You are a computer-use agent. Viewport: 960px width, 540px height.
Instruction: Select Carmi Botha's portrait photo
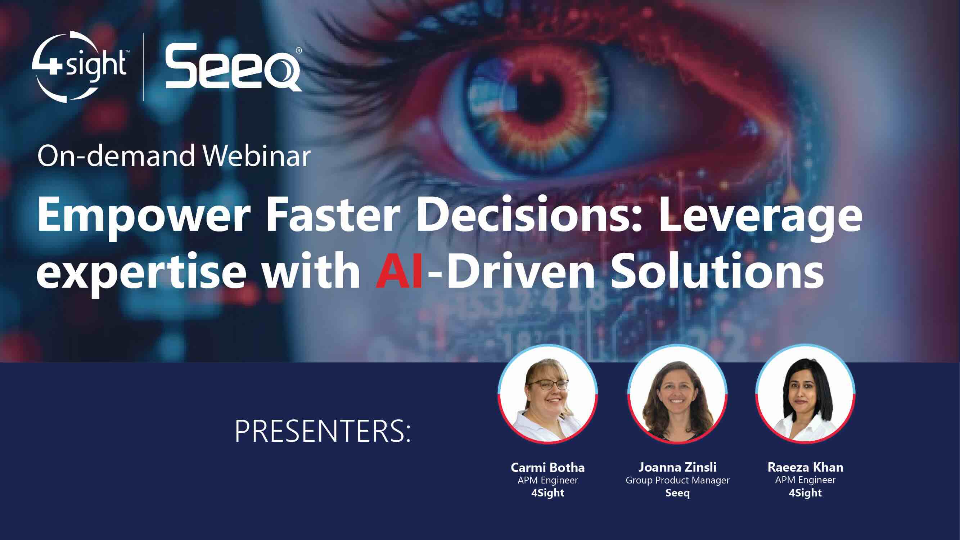[548, 394]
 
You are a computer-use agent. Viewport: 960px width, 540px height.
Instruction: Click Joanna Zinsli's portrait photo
[677, 394]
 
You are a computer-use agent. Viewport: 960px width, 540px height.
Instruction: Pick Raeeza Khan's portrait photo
[805, 394]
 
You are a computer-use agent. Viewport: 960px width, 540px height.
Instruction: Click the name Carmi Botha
[547, 467]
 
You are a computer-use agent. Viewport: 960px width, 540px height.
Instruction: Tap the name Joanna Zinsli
[677, 467]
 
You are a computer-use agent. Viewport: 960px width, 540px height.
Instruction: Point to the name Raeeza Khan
[805, 467]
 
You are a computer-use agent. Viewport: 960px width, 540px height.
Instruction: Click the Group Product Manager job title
[677, 480]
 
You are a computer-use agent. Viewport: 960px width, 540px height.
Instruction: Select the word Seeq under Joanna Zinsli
[677, 493]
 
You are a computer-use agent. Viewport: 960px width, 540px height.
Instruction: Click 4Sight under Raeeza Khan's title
[805, 493]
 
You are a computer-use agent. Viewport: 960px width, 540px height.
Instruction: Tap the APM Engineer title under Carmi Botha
[547, 480]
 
